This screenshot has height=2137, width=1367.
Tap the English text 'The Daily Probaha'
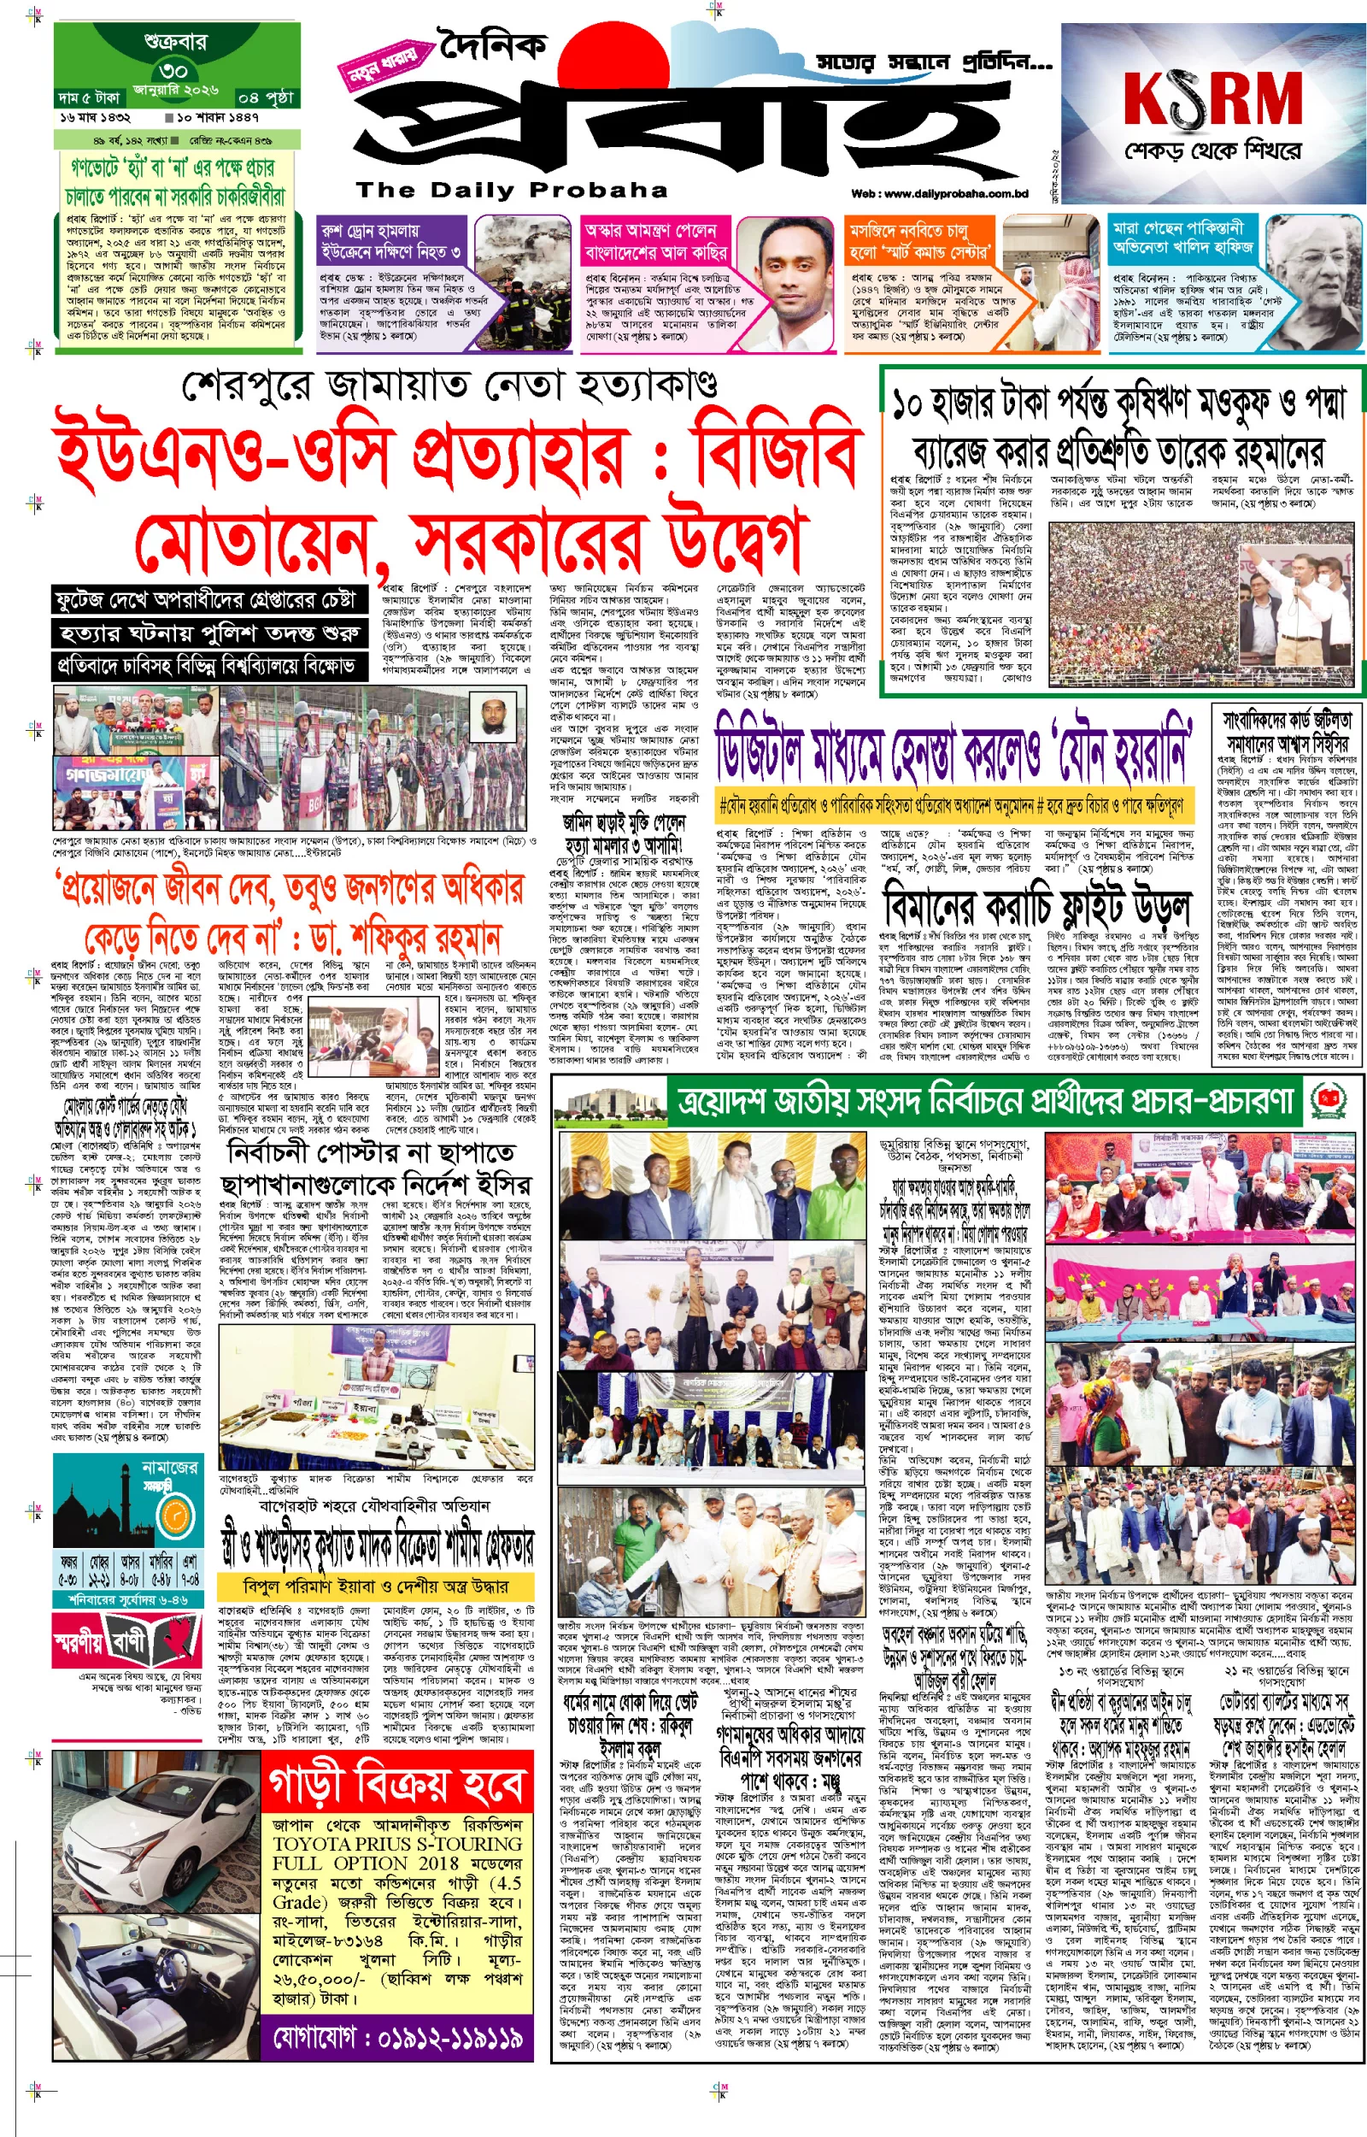(x=511, y=190)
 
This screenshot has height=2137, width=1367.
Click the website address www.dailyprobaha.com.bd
(x=939, y=193)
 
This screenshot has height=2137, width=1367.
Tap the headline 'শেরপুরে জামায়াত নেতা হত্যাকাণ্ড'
(x=450, y=386)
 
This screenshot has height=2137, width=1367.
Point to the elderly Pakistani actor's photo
(x=1309, y=284)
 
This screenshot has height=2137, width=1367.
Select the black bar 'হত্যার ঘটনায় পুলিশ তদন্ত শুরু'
(x=209, y=633)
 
